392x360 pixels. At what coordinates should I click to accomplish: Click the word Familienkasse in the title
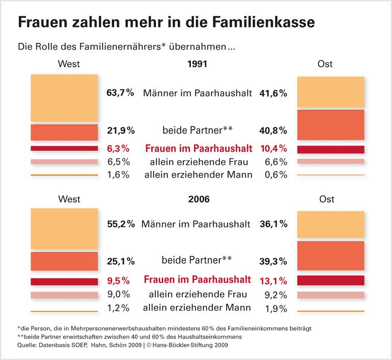262,22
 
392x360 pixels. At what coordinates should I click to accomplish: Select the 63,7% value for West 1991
120,93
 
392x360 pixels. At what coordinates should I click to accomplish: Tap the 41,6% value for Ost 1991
274,93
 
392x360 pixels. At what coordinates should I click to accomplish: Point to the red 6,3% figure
118,149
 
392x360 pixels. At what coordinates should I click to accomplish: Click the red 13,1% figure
274,280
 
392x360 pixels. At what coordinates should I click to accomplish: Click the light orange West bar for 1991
64,98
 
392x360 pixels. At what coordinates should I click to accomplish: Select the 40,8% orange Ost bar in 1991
330,125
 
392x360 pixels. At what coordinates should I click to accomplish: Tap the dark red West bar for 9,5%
64,281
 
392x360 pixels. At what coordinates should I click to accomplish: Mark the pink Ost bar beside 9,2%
330,295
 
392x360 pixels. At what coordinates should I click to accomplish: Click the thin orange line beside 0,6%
330,175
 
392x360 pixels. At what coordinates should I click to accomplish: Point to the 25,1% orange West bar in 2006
64,261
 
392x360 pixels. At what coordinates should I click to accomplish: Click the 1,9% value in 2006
276,308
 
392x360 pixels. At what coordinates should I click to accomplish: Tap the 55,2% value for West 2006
120,224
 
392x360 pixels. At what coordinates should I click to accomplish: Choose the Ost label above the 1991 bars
325,64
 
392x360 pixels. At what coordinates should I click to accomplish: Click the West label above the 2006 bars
69,199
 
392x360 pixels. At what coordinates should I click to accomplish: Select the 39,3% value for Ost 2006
274,261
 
